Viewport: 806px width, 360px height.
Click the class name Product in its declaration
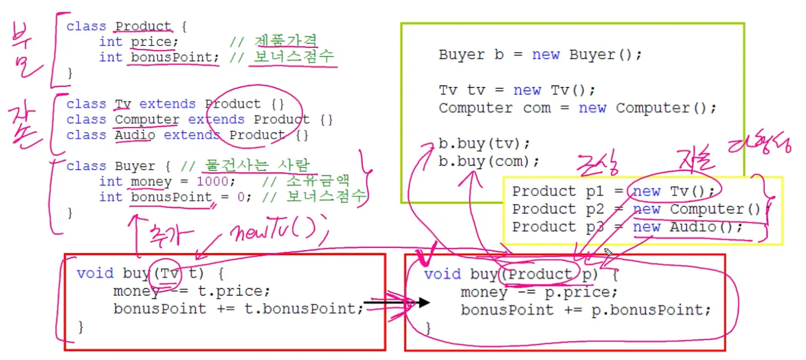(x=143, y=26)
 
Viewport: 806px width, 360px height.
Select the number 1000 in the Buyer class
(x=212, y=182)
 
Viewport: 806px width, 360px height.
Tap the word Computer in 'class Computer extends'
(x=147, y=119)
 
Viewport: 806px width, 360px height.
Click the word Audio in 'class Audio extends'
(x=135, y=135)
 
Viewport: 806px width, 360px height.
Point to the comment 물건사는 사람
(x=258, y=166)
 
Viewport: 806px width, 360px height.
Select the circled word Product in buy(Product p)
(x=540, y=274)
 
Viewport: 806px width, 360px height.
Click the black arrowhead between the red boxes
(x=424, y=303)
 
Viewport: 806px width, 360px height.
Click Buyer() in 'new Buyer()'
(x=605, y=55)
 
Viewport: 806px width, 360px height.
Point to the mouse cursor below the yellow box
(x=608, y=253)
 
